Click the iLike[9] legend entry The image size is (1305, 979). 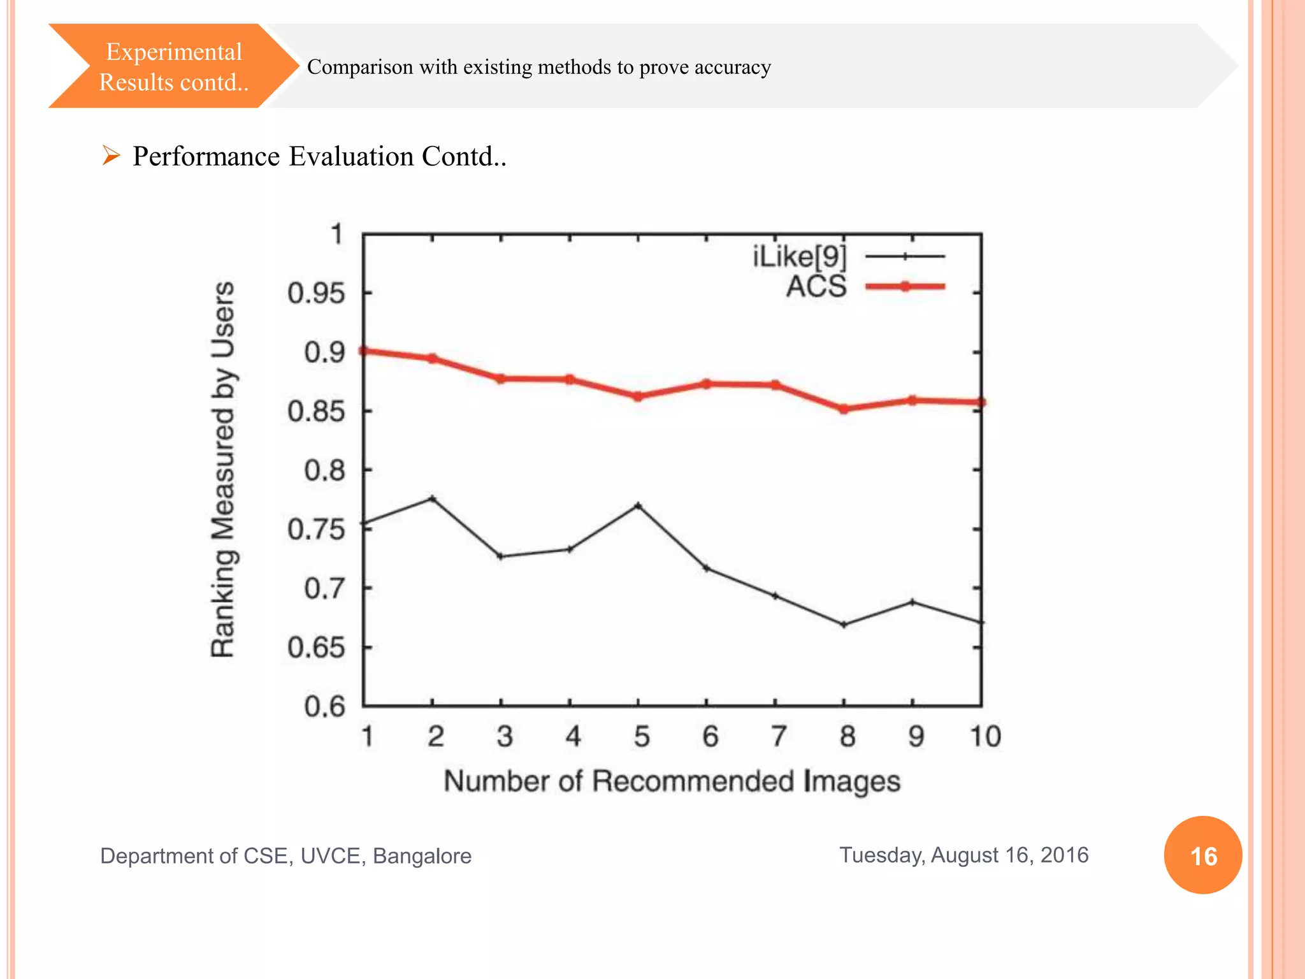tap(800, 256)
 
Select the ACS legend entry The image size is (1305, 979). tap(816, 286)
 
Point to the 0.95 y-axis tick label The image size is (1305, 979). tap(315, 294)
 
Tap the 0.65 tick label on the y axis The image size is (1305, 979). tap(315, 648)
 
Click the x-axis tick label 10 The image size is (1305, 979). tap(985, 737)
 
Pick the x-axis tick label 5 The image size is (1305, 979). tap(641, 737)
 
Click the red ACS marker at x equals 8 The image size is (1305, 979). tap(844, 409)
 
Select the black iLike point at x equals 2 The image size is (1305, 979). tap(432, 498)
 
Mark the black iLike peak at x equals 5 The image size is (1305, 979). tap(638, 505)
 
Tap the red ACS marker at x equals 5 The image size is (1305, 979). tap(638, 396)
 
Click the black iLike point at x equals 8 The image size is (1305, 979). tap(844, 625)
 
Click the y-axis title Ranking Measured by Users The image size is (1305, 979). tap(224, 470)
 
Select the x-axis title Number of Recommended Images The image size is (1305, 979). tap(672, 781)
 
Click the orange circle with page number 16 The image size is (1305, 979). tap(1202, 855)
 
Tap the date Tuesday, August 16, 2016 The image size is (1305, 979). tap(963, 855)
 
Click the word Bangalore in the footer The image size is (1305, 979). tap(422, 856)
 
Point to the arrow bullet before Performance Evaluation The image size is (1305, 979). tap(111, 156)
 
